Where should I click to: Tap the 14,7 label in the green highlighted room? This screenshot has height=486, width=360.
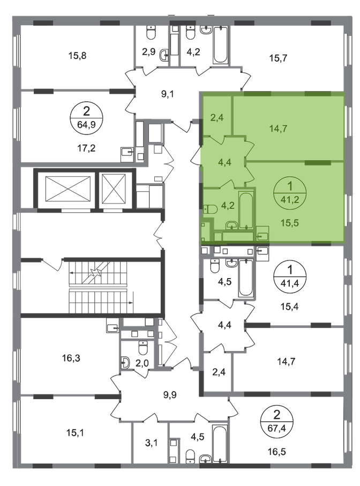(x=277, y=128)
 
